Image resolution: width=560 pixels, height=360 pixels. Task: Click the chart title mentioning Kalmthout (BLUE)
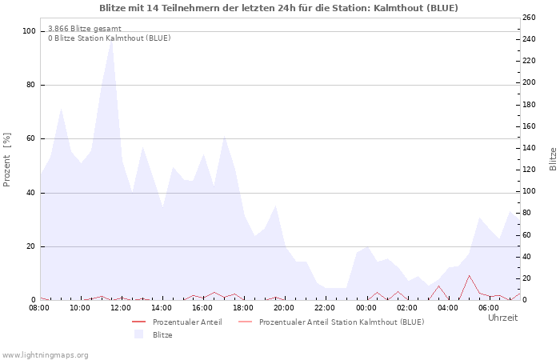[279, 8]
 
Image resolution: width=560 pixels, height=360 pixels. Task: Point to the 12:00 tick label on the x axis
[121, 307]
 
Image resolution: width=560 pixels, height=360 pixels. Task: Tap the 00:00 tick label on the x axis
[366, 307]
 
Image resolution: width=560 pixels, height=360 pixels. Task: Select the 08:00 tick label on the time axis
[39, 307]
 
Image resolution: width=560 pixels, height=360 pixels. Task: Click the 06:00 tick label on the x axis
[489, 307]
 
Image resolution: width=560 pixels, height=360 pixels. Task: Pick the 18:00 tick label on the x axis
[243, 307]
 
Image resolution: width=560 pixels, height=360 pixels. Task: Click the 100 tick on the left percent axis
[30, 31]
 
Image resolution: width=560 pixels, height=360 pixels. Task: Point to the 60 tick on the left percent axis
[32, 138]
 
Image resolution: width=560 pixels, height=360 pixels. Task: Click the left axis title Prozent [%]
[7, 159]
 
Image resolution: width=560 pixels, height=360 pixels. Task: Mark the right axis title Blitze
[553, 158]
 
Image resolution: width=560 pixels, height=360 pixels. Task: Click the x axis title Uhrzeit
[502, 318]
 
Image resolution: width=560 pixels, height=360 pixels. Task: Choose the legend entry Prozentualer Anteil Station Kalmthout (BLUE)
[342, 322]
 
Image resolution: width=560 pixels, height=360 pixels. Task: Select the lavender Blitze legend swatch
[138, 334]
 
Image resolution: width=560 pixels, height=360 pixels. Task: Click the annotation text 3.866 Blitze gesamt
[85, 28]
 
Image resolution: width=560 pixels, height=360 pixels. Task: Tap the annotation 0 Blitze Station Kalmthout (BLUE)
[109, 38]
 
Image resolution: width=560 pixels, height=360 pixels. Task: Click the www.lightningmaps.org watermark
[45, 354]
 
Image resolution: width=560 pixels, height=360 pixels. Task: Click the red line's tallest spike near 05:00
[470, 275]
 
